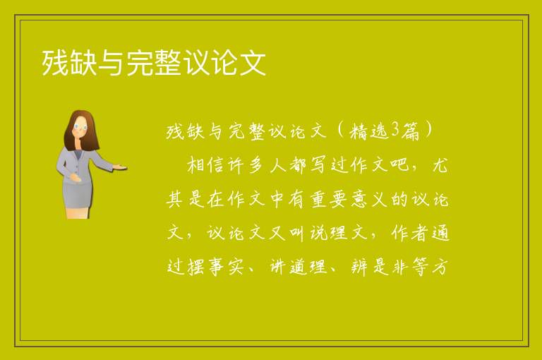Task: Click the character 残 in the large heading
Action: coord(56,63)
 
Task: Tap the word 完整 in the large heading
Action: coord(154,63)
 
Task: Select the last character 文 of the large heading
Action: coord(253,63)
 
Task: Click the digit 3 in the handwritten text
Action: coord(395,130)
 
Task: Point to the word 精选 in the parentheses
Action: coord(369,131)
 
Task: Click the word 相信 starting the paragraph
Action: coord(206,165)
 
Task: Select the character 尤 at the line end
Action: coord(440,165)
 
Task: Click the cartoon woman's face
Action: coord(80,127)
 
